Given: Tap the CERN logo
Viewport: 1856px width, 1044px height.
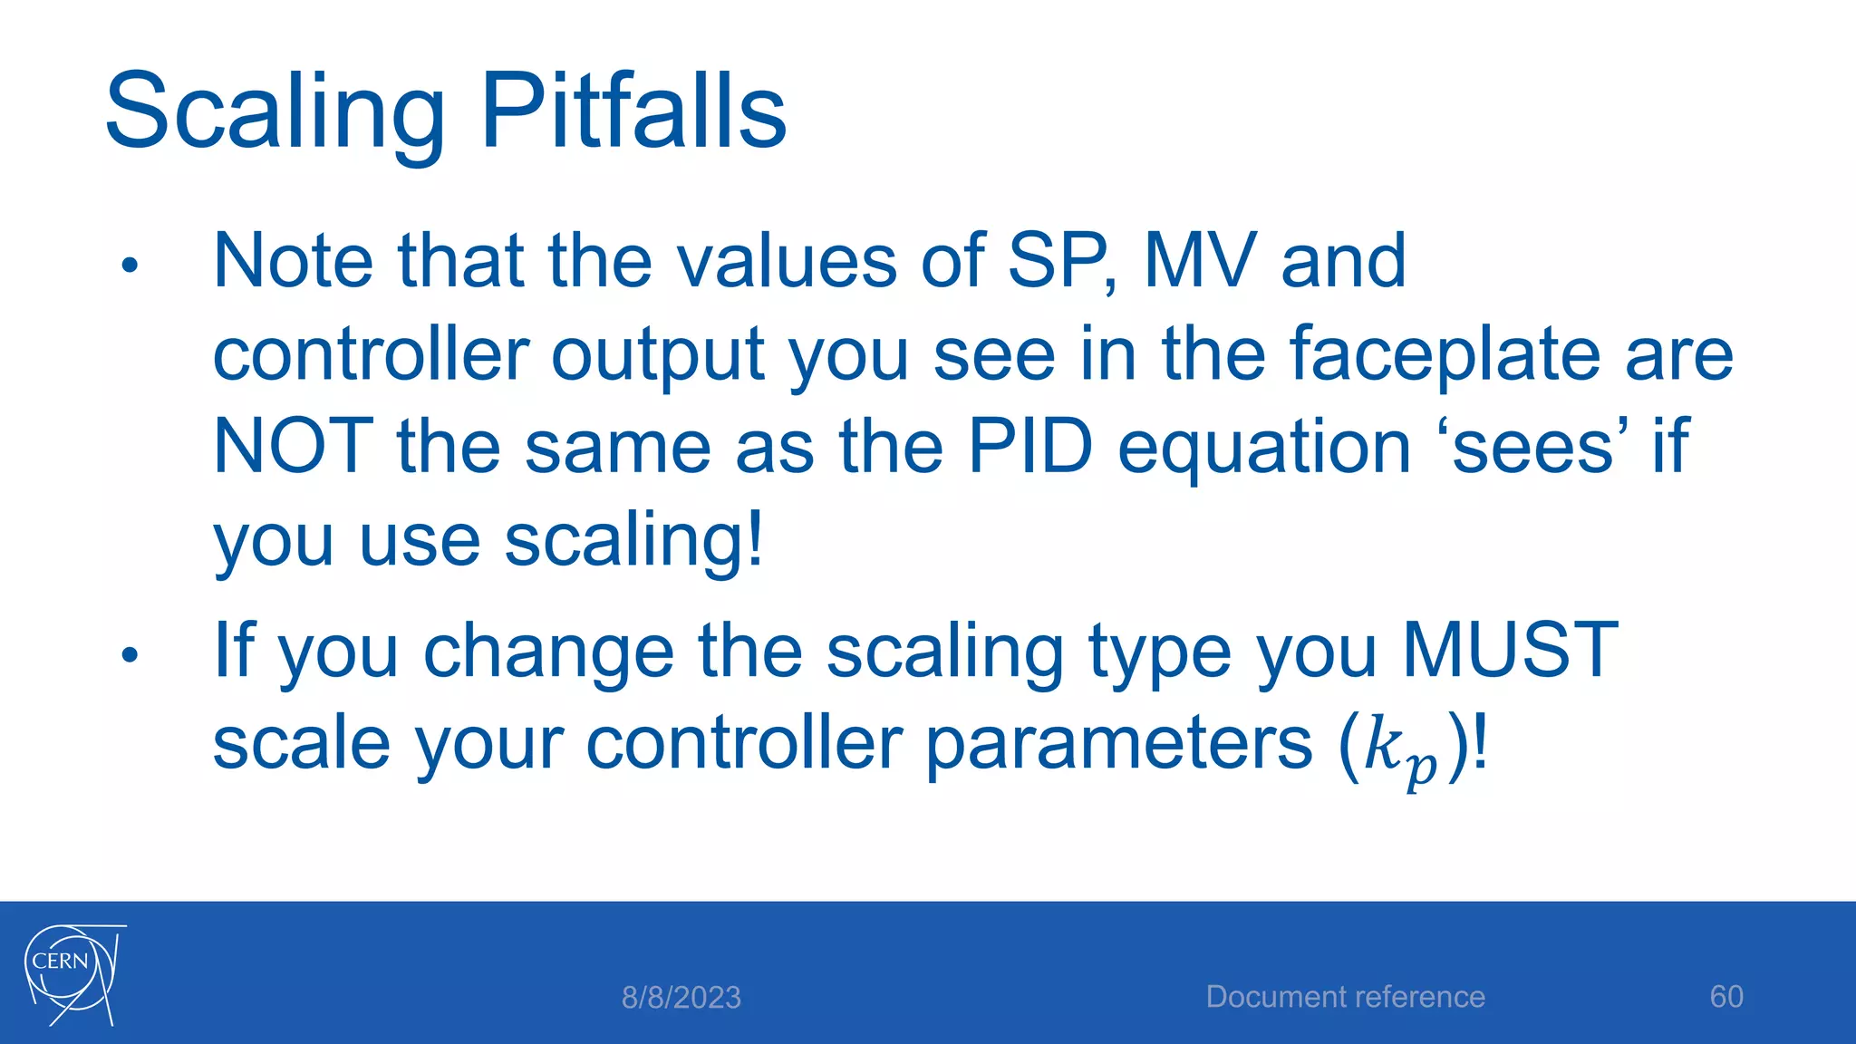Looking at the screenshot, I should (72, 974).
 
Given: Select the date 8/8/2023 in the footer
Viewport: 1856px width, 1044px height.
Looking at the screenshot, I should (681, 998).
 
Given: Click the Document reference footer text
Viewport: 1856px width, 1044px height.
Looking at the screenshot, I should (1345, 997).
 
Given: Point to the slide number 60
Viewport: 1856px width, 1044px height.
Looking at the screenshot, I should (1725, 997).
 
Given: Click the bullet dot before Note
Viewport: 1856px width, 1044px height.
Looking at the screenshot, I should (130, 266).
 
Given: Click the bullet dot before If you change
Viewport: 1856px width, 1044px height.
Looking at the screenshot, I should (130, 654).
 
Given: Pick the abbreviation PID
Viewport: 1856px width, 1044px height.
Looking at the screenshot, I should (1029, 447).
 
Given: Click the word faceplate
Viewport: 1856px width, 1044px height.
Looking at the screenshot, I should (1445, 354).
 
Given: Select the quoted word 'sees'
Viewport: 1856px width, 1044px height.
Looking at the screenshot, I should (1533, 447).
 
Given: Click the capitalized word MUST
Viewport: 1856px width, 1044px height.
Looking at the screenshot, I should (1509, 650).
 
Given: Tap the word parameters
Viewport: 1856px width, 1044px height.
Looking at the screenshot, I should (1118, 745).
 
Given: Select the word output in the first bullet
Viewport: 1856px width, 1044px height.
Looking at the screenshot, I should (657, 356).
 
